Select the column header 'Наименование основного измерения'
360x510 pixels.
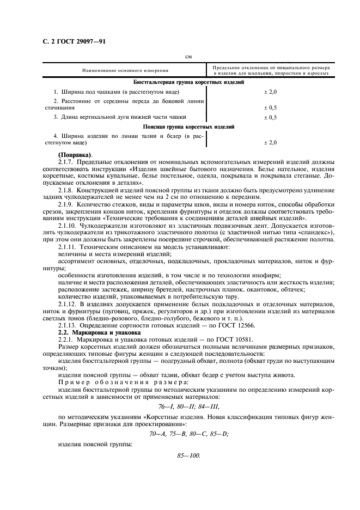coord(125,71)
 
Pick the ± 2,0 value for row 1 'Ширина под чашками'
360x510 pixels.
coord(270,92)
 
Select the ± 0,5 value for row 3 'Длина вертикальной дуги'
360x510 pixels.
coord(270,117)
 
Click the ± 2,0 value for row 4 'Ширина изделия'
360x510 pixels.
coord(270,142)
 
